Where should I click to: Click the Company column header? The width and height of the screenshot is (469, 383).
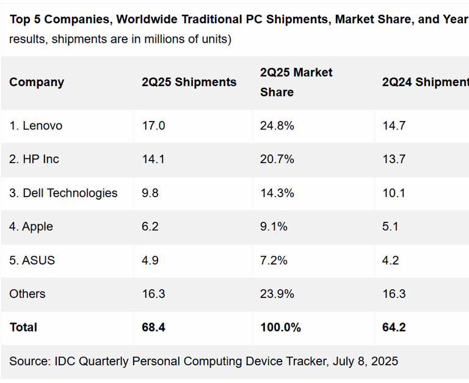tap(37, 82)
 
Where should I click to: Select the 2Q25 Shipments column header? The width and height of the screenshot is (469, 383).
tap(189, 82)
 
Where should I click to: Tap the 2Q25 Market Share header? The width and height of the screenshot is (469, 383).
tap(296, 82)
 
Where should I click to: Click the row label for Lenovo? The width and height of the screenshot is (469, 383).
tap(36, 126)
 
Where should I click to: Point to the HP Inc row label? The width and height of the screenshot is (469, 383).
tap(34, 159)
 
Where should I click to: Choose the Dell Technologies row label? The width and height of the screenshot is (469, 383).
tap(63, 193)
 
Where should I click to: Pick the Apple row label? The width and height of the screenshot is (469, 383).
tap(31, 227)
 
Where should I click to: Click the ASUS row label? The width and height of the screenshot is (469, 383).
tap(32, 260)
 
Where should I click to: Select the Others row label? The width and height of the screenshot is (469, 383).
tap(27, 294)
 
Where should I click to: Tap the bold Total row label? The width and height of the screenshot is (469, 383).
tap(23, 327)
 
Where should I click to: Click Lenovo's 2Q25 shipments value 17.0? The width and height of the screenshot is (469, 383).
tap(153, 126)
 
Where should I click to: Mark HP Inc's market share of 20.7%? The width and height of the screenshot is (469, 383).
tap(277, 159)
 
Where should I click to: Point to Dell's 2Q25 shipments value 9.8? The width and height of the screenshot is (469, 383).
tap(150, 193)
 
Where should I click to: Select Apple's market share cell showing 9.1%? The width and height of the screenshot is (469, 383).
tap(274, 227)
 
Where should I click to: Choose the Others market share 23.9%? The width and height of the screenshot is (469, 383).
tap(277, 294)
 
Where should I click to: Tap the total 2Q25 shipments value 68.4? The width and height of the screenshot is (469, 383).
tap(153, 327)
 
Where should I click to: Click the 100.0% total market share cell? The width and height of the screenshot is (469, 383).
tap(280, 327)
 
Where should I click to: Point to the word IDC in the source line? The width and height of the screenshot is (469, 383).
tap(64, 361)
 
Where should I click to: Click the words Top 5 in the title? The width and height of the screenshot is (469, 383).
tap(25, 19)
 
